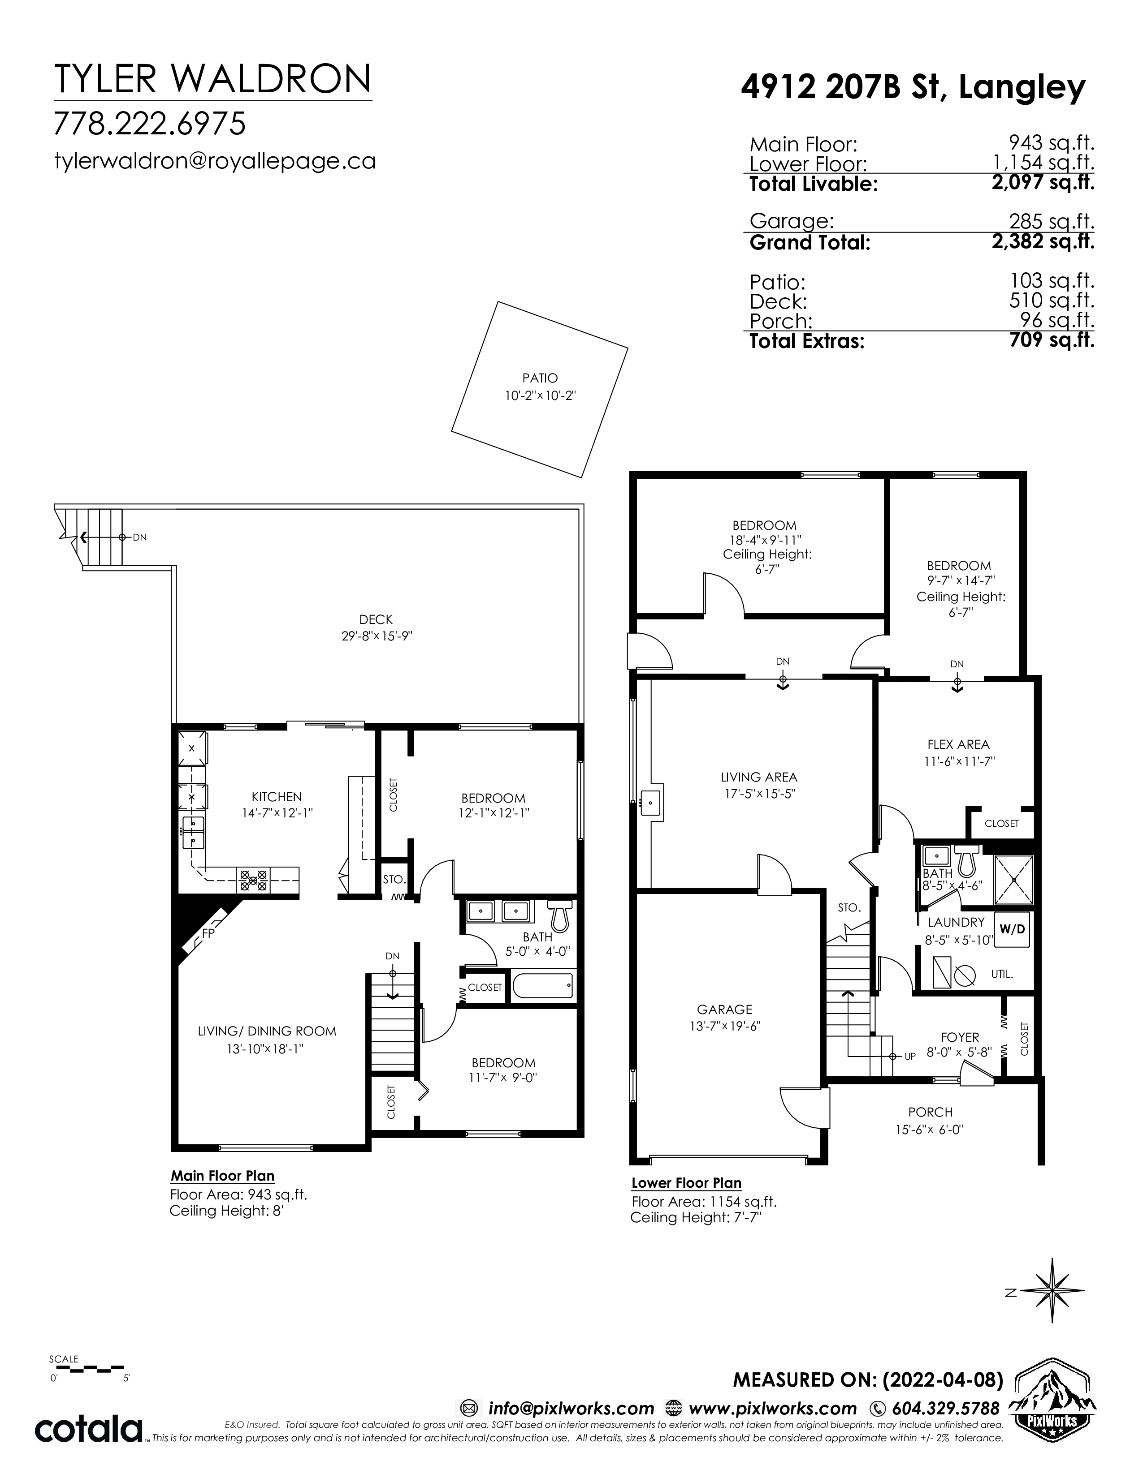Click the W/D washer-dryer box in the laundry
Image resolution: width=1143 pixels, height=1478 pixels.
coord(1012,929)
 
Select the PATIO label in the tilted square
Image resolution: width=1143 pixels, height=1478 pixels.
coord(540,378)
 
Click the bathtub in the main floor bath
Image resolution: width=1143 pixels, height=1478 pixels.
coord(543,984)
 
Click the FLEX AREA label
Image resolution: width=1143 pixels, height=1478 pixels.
coord(958,744)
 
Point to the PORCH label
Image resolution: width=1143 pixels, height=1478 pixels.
coord(931,1112)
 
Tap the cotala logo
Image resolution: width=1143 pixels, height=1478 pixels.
coord(89,1429)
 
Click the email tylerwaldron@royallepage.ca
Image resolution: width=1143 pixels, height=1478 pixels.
coord(215,161)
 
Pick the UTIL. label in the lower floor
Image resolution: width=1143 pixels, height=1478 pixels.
coord(1002,975)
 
